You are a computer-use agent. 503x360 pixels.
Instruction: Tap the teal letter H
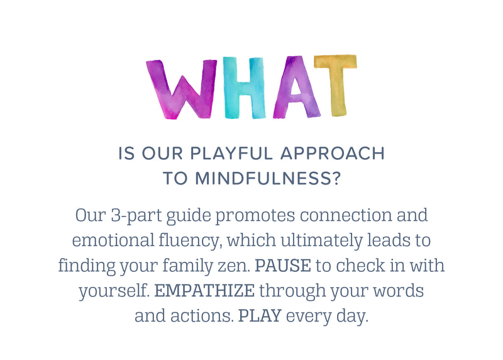pyautogui.click(x=245, y=87)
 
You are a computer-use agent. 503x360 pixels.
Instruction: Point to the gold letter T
pyautogui.click(x=336, y=85)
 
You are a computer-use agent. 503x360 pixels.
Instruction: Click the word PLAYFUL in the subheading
pyautogui.click(x=231, y=153)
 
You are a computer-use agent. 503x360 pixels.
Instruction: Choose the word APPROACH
pyautogui.click(x=333, y=153)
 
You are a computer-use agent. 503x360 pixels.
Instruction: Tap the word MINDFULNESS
pyautogui.click(x=262, y=178)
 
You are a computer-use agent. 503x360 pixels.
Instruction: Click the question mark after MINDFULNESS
pyautogui.click(x=335, y=178)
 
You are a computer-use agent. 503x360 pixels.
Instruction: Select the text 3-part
pyautogui.click(x=136, y=216)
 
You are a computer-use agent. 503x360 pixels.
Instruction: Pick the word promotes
pyautogui.click(x=255, y=216)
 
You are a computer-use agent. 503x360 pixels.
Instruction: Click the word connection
pyautogui.click(x=346, y=215)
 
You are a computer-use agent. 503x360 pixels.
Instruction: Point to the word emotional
pyautogui.click(x=113, y=240)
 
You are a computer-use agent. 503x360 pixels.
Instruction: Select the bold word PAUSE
pyautogui.click(x=283, y=266)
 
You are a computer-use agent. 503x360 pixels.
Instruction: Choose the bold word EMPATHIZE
pyautogui.click(x=205, y=291)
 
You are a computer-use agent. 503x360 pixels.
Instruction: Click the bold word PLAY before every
pyautogui.click(x=260, y=316)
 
